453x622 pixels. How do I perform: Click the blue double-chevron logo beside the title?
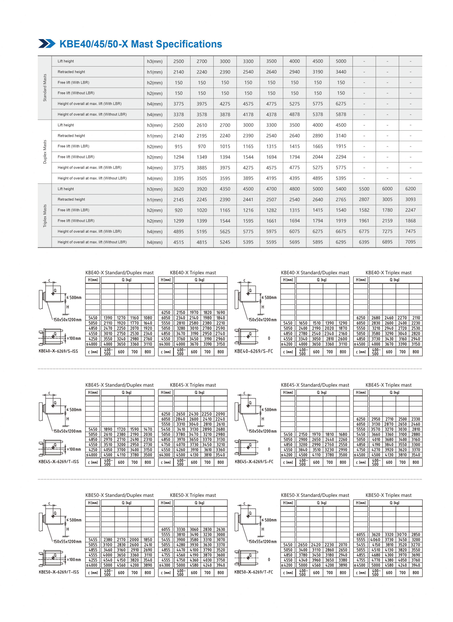(47, 44)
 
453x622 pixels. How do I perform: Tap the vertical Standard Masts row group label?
(45, 88)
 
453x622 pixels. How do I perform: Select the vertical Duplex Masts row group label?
(45, 152)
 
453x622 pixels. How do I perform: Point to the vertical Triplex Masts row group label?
(45, 216)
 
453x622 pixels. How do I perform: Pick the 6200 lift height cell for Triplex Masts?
(410, 189)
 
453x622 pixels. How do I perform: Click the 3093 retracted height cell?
(410, 199)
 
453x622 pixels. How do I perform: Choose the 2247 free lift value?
(410, 210)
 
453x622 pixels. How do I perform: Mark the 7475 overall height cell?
(410, 231)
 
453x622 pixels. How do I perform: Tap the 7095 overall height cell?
(410, 242)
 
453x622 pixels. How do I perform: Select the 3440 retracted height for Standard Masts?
(341, 72)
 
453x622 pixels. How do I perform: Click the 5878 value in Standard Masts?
(341, 114)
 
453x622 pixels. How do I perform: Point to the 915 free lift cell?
(179, 147)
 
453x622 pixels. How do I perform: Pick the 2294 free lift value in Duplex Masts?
(341, 157)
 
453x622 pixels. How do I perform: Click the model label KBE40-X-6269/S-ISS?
(58, 351)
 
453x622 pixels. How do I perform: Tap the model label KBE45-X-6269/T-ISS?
(59, 462)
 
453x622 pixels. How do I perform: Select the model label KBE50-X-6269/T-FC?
(254, 572)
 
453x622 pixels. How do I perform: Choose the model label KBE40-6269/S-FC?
(254, 351)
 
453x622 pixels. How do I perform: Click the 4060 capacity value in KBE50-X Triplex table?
(376, 540)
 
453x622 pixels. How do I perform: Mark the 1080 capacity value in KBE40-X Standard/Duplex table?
(148, 318)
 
